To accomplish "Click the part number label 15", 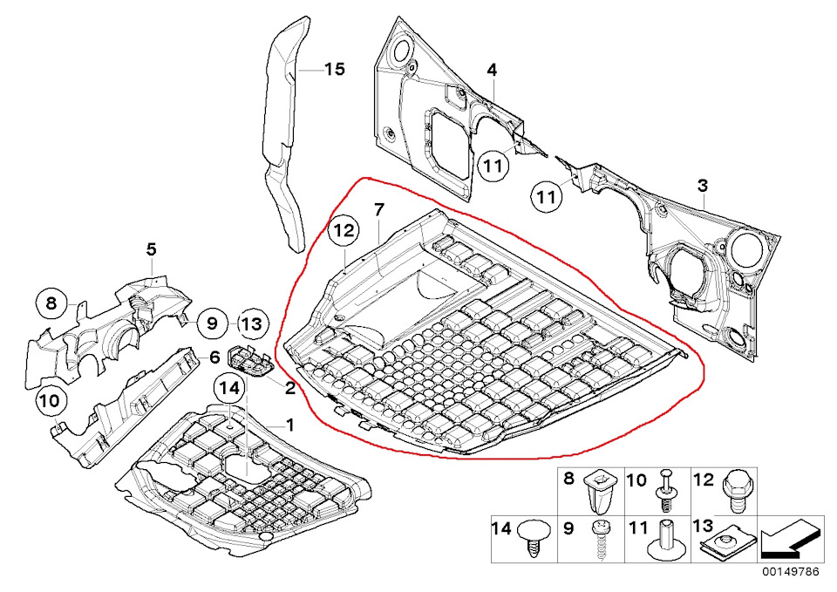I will [x=335, y=70].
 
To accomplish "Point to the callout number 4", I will [x=492, y=69].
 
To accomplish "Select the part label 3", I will [x=703, y=185].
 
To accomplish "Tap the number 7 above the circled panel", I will [x=378, y=209].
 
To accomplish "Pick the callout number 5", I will [x=151, y=249].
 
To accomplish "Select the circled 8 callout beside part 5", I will [x=51, y=304].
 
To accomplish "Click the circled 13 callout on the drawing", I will [x=250, y=323].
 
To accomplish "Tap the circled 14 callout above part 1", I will [x=229, y=390].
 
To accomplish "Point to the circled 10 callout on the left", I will [x=50, y=403].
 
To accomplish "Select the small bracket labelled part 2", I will [x=247, y=359].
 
